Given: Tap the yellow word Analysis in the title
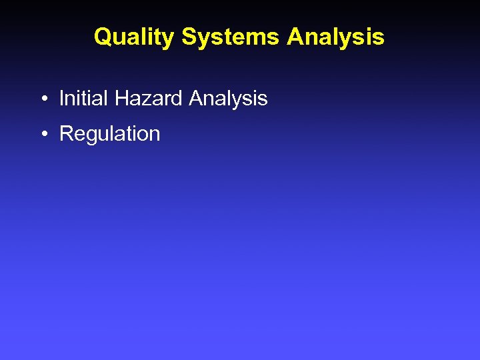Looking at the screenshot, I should (x=335, y=37).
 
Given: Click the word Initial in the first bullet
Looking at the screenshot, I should (x=83, y=99).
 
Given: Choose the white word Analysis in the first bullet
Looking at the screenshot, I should (x=228, y=99).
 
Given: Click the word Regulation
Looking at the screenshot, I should (x=109, y=134).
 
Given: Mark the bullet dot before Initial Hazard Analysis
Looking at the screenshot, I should (x=42, y=100).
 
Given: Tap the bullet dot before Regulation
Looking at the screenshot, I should (x=42, y=135).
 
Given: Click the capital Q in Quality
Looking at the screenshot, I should (x=103, y=37).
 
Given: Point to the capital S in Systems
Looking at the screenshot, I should (x=189, y=37).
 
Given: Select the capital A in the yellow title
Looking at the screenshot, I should (x=295, y=37).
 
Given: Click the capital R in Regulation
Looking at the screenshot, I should (x=66, y=133).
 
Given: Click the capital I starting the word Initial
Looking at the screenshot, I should (x=62, y=99).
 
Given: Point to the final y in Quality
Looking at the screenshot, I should (x=169, y=39).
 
